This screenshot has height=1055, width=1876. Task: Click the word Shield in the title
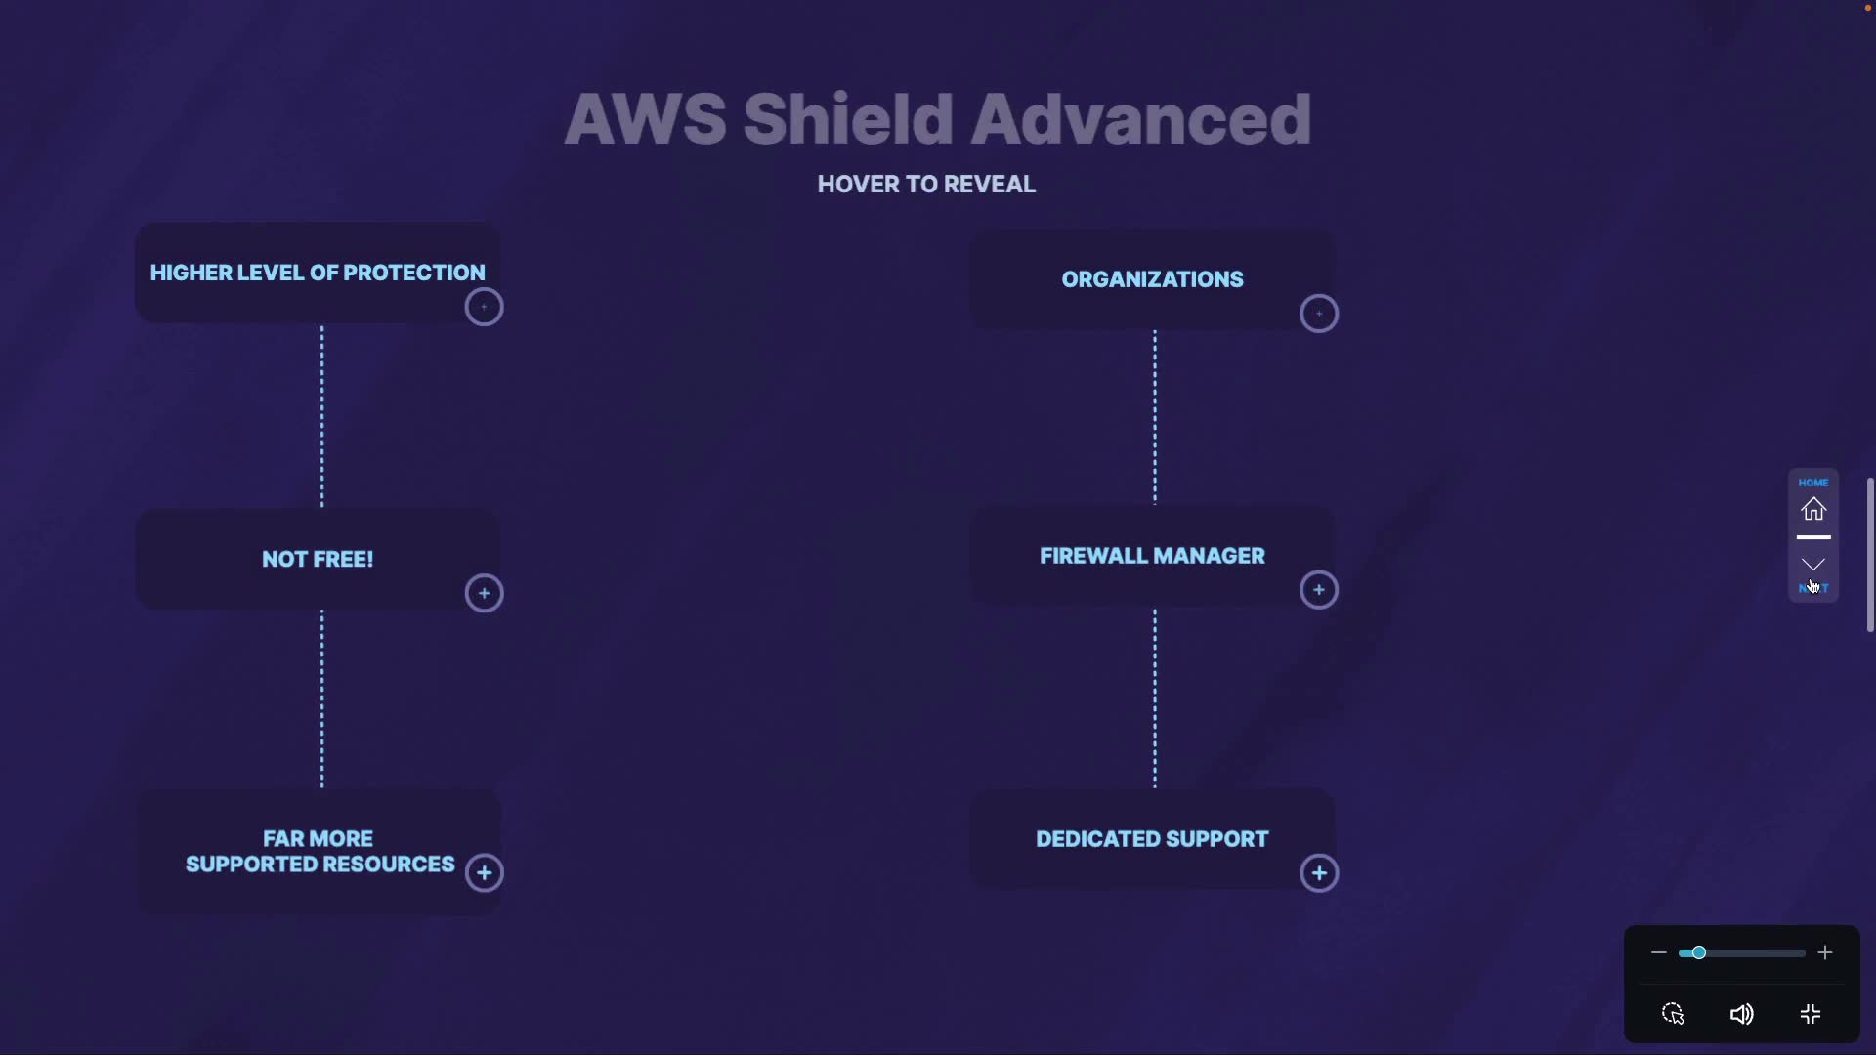tap(847, 119)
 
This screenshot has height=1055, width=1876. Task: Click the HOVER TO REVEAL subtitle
tap(926, 185)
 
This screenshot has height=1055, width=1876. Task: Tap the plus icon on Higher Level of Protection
tap(484, 308)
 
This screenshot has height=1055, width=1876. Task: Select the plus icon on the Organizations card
tap(1319, 314)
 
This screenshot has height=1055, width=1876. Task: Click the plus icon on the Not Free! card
tap(484, 593)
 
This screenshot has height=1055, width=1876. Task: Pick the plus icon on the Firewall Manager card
tap(1319, 590)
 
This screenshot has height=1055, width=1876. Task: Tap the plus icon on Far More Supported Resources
tap(484, 873)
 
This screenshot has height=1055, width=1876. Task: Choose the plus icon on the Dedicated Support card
tap(1319, 873)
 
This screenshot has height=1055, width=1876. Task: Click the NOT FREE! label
tap(318, 560)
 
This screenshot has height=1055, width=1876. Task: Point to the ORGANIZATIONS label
tap(1152, 279)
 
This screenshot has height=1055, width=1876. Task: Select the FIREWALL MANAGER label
tap(1152, 556)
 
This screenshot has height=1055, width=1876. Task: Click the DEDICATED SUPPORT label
tap(1152, 839)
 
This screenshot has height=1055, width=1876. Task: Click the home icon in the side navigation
tap(1813, 509)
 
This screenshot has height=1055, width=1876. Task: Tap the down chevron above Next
tap(1813, 565)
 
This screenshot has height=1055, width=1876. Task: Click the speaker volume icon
tap(1741, 1015)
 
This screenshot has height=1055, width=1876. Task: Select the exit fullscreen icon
tap(1811, 1015)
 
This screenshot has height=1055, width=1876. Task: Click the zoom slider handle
tap(1699, 952)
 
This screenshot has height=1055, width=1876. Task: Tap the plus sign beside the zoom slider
tap(1825, 952)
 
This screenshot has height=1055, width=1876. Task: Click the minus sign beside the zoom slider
tap(1658, 952)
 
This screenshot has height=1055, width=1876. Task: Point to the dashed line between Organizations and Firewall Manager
tap(1155, 418)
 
